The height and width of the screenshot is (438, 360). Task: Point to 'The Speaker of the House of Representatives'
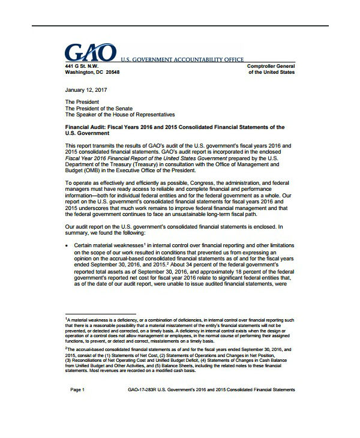tap(120, 114)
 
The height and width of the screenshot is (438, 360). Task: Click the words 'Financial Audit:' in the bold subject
tap(86, 128)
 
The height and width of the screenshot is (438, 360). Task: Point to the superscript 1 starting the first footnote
tap(66, 320)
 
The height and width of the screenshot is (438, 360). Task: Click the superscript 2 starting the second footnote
tap(66, 347)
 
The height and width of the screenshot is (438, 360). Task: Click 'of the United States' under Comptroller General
tap(272, 71)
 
